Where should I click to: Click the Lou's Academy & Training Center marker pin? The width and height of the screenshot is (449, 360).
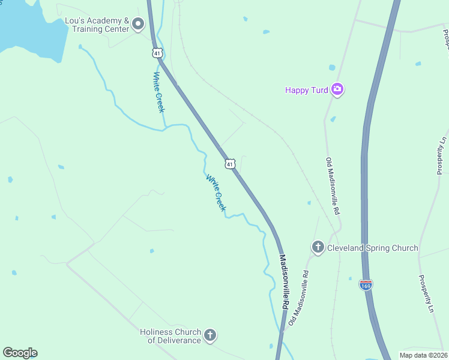(x=139, y=25)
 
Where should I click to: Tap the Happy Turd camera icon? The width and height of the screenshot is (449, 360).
(x=337, y=90)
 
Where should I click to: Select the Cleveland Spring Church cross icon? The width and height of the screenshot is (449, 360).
(x=318, y=247)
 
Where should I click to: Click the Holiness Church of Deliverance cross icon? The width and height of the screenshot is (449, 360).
(x=209, y=335)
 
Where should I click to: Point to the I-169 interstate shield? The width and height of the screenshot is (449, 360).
(x=366, y=284)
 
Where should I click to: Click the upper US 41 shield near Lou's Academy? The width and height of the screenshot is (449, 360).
(x=157, y=53)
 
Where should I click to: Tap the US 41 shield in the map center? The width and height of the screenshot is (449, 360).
(x=229, y=164)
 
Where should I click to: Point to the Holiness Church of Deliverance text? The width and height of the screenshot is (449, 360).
(x=170, y=336)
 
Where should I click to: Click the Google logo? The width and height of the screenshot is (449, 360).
(x=20, y=353)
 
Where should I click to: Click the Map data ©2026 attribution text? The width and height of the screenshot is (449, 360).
(x=423, y=355)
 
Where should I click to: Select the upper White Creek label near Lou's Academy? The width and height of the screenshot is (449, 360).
(x=158, y=92)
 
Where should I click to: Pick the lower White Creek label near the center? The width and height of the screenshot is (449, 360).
(x=215, y=193)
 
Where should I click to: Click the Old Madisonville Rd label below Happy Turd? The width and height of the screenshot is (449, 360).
(x=333, y=186)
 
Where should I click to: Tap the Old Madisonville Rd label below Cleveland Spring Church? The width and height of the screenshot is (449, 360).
(x=298, y=298)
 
